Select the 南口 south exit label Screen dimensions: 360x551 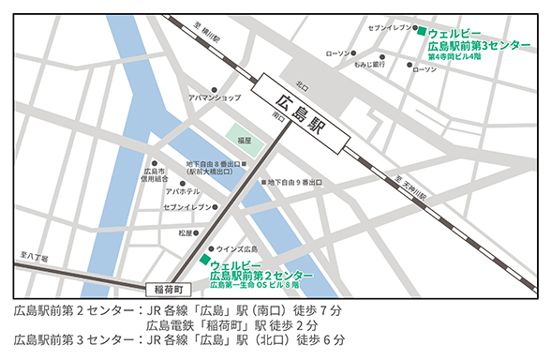(x=279, y=117)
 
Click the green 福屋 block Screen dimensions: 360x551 (x=244, y=140)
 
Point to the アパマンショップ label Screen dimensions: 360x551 (x=215, y=97)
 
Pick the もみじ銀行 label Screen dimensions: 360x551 (x=370, y=65)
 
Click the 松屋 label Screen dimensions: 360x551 (x=185, y=232)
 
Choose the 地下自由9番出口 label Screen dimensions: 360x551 (x=297, y=181)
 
